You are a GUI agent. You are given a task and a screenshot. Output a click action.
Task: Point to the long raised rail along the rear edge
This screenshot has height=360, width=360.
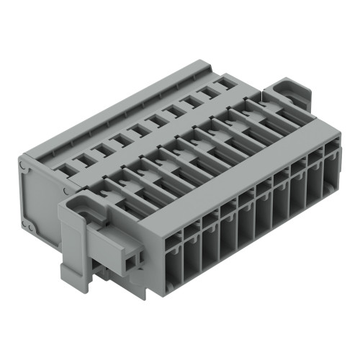tap(130, 108)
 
